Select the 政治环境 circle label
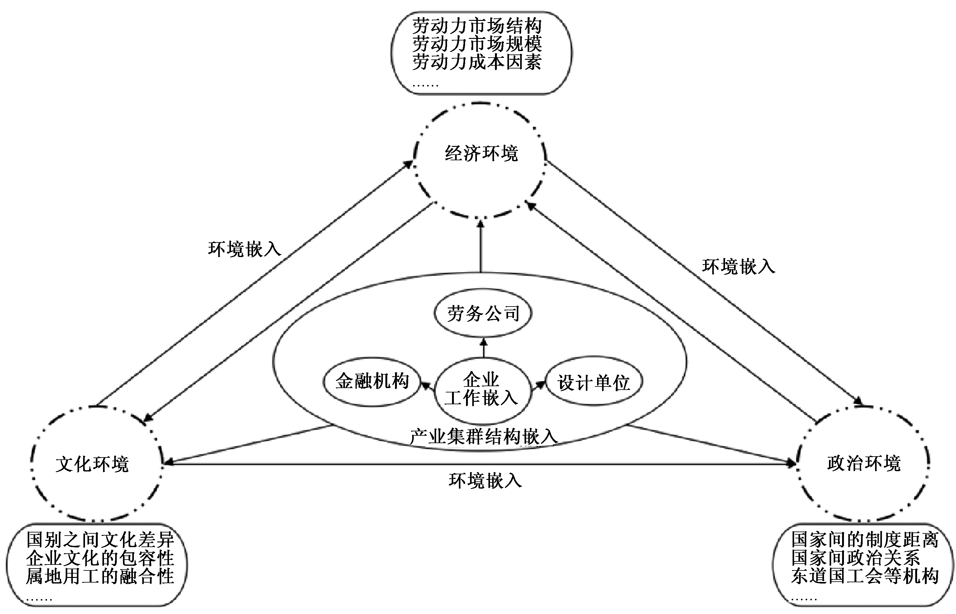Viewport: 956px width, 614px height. pos(864,463)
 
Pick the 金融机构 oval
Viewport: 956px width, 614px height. pos(372,382)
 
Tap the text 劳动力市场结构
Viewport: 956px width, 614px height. pos(477,26)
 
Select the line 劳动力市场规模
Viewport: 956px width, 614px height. pos(477,44)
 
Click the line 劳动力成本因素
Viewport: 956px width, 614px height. pos(477,62)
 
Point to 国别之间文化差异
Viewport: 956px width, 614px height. pos(101,540)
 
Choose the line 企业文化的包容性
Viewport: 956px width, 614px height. pos(101,558)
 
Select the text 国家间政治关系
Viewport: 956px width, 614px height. pos(856,558)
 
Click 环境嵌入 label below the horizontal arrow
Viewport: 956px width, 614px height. pos(485,481)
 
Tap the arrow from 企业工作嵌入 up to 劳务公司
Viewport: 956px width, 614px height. pos(484,348)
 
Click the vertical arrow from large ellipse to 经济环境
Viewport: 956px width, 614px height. pos(481,247)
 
